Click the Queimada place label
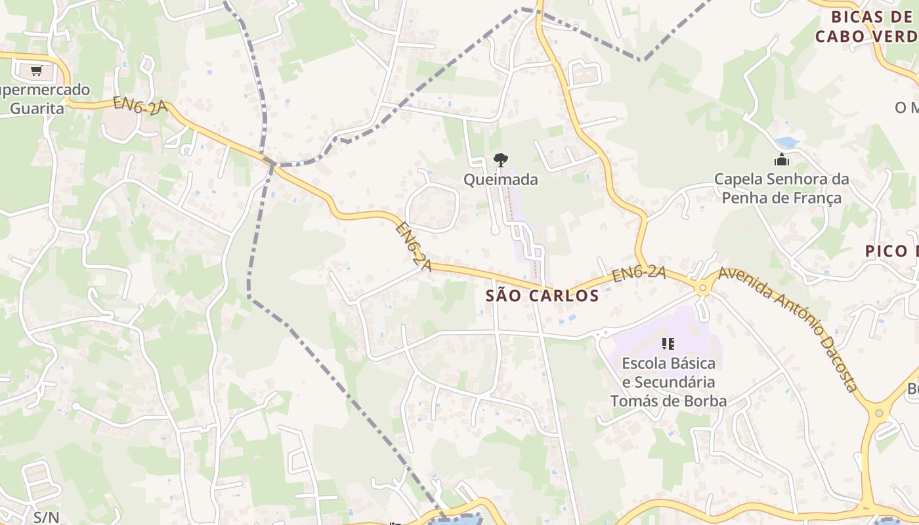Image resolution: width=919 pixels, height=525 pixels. tap(500, 179)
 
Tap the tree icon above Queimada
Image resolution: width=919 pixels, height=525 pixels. tap(500, 159)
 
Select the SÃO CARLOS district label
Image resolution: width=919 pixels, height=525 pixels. tap(542, 295)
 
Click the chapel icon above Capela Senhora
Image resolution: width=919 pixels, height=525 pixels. tap(781, 159)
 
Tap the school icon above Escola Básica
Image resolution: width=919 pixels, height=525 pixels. tap(668, 343)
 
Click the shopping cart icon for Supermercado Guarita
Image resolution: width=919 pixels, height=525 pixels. tap(36, 70)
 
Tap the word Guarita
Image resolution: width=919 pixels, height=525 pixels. tap(37, 108)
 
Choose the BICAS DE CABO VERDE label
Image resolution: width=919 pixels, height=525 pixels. tap(866, 26)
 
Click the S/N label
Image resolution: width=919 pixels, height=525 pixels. tap(46, 517)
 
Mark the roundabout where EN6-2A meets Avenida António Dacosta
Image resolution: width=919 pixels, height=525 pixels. tap(703, 287)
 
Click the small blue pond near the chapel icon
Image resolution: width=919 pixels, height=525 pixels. tap(786, 142)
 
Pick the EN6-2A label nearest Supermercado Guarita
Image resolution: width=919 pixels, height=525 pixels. tap(140, 106)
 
